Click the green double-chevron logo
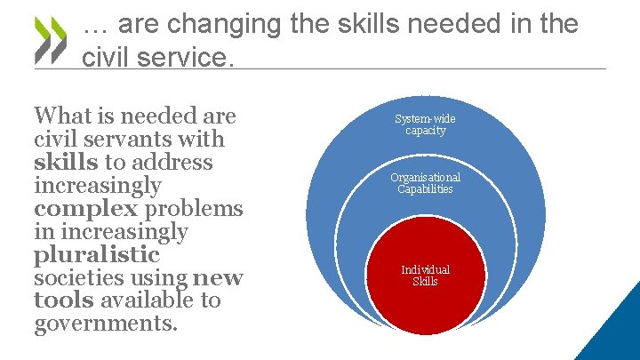click(50, 42)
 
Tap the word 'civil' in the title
click(103, 57)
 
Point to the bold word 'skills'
click(66, 162)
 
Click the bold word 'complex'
click(85, 209)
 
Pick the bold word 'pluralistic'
click(97, 255)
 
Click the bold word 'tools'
click(63, 301)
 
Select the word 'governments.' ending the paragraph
click(106, 324)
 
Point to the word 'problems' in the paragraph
click(193, 209)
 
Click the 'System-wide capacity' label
click(425, 124)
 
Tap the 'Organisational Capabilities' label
click(425, 183)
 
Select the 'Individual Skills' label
click(425, 276)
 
